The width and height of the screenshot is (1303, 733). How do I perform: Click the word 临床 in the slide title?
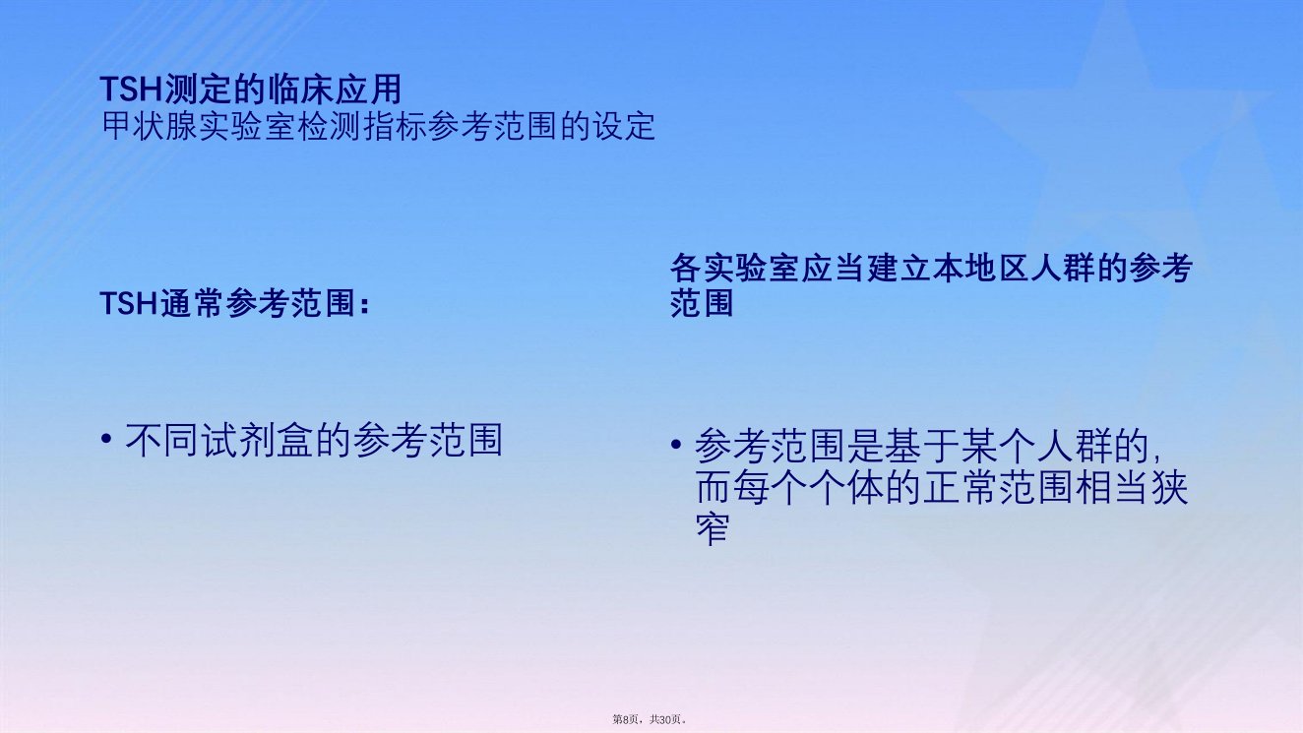(302, 90)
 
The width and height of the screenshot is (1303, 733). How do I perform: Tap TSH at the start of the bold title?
(131, 90)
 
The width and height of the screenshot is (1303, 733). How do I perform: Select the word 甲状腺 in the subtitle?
(150, 126)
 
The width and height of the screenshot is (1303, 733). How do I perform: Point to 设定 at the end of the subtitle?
(624, 126)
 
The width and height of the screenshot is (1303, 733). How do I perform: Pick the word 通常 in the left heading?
(193, 303)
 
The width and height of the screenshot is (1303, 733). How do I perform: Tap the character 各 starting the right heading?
(685, 269)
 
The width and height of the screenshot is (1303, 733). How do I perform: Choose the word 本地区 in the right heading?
(980, 269)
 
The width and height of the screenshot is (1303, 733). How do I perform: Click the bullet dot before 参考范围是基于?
(675, 445)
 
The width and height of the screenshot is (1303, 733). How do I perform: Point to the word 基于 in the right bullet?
(921, 446)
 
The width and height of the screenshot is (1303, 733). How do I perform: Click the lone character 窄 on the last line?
(713, 528)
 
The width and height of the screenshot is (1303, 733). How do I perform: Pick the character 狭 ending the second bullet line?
(1169, 487)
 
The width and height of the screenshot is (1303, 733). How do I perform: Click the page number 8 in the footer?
(625, 719)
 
